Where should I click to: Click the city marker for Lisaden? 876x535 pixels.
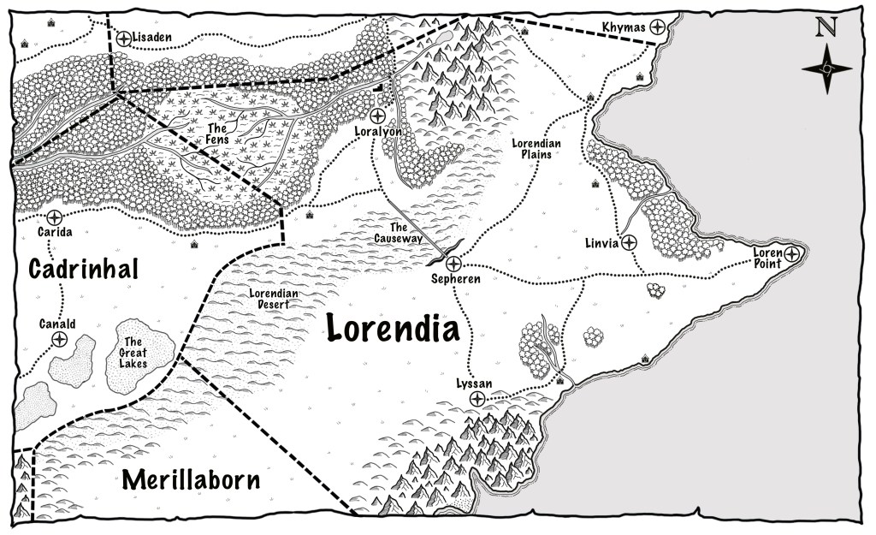(123, 38)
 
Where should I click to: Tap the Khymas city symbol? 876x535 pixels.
(659, 27)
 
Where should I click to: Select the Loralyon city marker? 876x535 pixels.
(376, 116)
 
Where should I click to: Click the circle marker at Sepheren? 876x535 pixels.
(453, 264)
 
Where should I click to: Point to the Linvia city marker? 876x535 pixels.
(629, 242)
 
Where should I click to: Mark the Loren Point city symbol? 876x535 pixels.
(792, 253)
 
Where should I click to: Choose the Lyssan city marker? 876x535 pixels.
(477, 399)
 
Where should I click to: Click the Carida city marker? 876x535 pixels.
(55, 217)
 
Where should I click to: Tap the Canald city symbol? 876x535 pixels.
(59, 340)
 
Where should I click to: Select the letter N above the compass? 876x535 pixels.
(826, 28)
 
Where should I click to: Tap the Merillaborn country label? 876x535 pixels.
(190, 479)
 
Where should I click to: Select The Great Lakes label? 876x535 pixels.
(133, 351)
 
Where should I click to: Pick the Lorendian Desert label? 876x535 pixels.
(274, 299)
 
